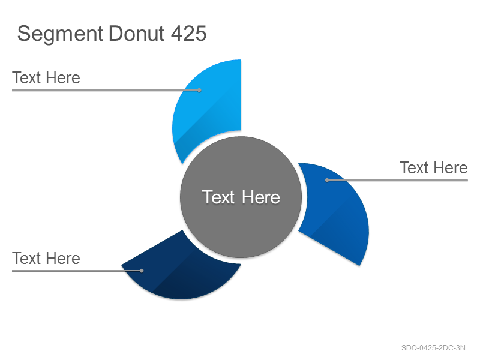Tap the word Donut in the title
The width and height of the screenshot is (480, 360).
(137, 33)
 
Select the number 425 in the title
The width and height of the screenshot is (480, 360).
(188, 33)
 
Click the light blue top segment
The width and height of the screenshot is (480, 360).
(208, 104)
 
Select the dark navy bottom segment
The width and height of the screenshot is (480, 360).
(181, 272)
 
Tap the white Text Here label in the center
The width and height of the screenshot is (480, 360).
(241, 197)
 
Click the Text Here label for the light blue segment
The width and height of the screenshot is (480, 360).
(46, 78)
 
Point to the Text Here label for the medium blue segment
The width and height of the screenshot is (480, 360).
(433, 168)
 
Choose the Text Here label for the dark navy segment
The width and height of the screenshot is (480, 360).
(46, 259)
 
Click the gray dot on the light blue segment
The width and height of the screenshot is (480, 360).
(199, 91)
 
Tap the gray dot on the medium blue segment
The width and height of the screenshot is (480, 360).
(327, 181)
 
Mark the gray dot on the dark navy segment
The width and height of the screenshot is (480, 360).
(142, 271)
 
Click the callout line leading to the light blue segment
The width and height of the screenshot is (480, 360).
(106, 91)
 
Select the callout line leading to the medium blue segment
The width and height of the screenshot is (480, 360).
(397, 181)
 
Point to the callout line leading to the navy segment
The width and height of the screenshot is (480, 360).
(77, 271)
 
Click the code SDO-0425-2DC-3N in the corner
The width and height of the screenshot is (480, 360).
(433, 348)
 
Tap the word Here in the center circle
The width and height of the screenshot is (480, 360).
(261, 197)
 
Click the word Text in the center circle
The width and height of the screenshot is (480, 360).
(218, 197)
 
